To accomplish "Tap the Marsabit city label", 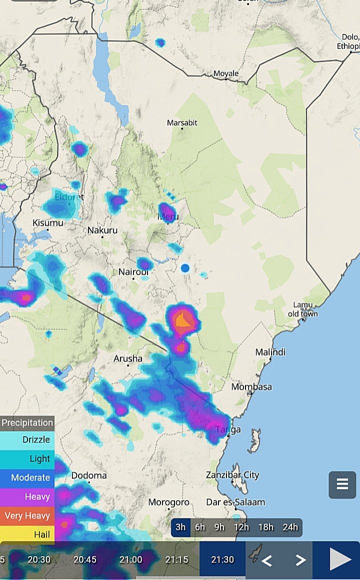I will (182, 122).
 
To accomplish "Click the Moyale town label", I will (226, 73).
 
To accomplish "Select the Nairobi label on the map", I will (133, 272).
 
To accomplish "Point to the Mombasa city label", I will (251, 387).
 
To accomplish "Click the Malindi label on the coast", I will (270, 352).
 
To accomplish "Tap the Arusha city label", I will (128, 358).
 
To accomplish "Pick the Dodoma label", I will (89, 475).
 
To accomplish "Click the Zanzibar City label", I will (232, 474).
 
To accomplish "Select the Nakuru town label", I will (102, 230).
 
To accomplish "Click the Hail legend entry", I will (27, 534).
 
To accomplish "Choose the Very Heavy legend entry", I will (27, 515).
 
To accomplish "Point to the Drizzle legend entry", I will (27, 439).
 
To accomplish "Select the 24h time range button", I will (290, 527).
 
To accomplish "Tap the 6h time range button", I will (200, 527).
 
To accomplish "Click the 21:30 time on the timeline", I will (222, 559).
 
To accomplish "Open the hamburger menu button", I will (342, 484).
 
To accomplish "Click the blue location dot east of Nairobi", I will (185, 268).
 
